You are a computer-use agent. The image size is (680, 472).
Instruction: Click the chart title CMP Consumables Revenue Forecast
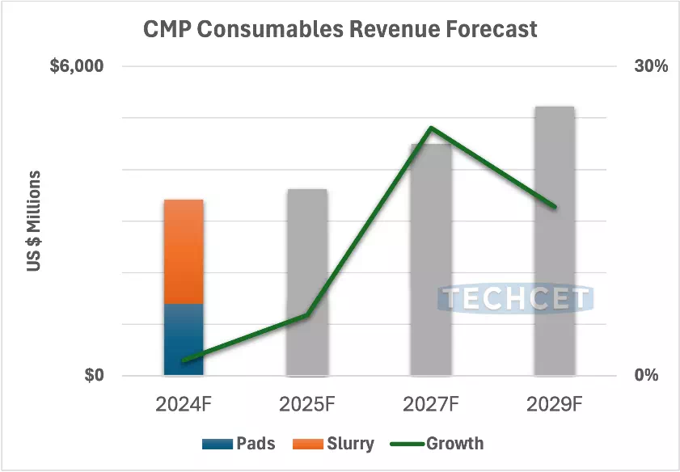(x=340, y=29)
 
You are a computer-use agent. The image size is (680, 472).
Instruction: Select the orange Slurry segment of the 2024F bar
(x=184, y=251)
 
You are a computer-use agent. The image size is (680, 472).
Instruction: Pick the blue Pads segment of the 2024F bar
(x=184, y=339)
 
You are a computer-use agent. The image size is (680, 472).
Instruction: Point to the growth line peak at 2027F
(x=431, y=128)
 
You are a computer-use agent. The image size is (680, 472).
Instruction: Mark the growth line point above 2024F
(x=184, y=360)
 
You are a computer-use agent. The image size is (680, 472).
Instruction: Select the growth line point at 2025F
(x=307, y=314)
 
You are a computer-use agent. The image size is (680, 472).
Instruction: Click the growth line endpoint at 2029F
(x=555, y=207)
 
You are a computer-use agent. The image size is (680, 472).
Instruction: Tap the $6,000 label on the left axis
(x=77, y=66)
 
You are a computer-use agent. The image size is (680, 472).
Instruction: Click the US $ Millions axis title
(x=35, y=221)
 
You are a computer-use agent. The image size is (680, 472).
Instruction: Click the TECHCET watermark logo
(x=516, y=299)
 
